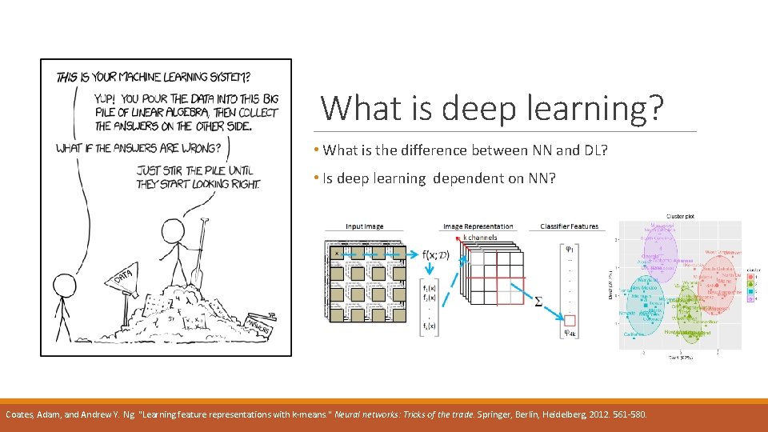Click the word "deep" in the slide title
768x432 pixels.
(x=478, y=108)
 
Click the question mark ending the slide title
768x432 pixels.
(x=654, y=108)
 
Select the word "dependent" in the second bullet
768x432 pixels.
(x=468, y=178)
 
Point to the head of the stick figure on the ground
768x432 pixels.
(x=62, y=286)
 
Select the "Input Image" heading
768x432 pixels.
(x=364, y=226)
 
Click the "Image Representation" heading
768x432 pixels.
(x=478, y=226)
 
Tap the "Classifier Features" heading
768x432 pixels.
(x=569, y=226)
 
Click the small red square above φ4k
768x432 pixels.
(x=570, y=320)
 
